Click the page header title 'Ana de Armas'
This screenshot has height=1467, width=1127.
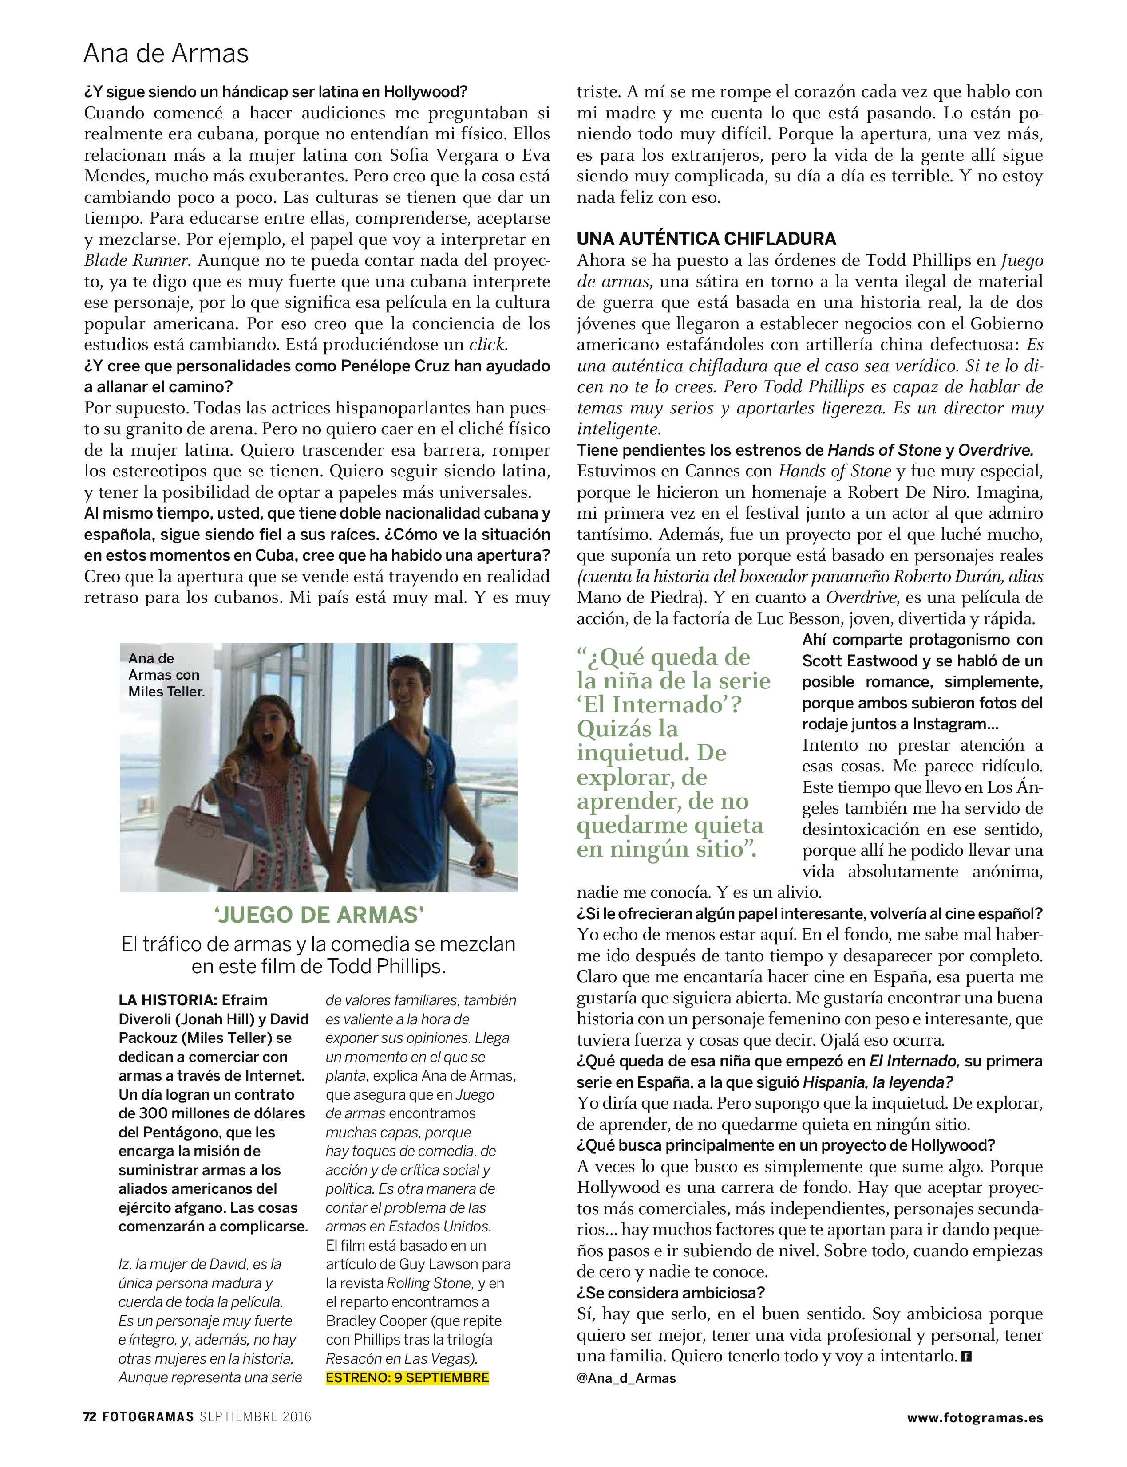point(166,54)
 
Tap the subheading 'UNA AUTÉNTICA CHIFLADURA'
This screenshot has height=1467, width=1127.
point(706,239)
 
